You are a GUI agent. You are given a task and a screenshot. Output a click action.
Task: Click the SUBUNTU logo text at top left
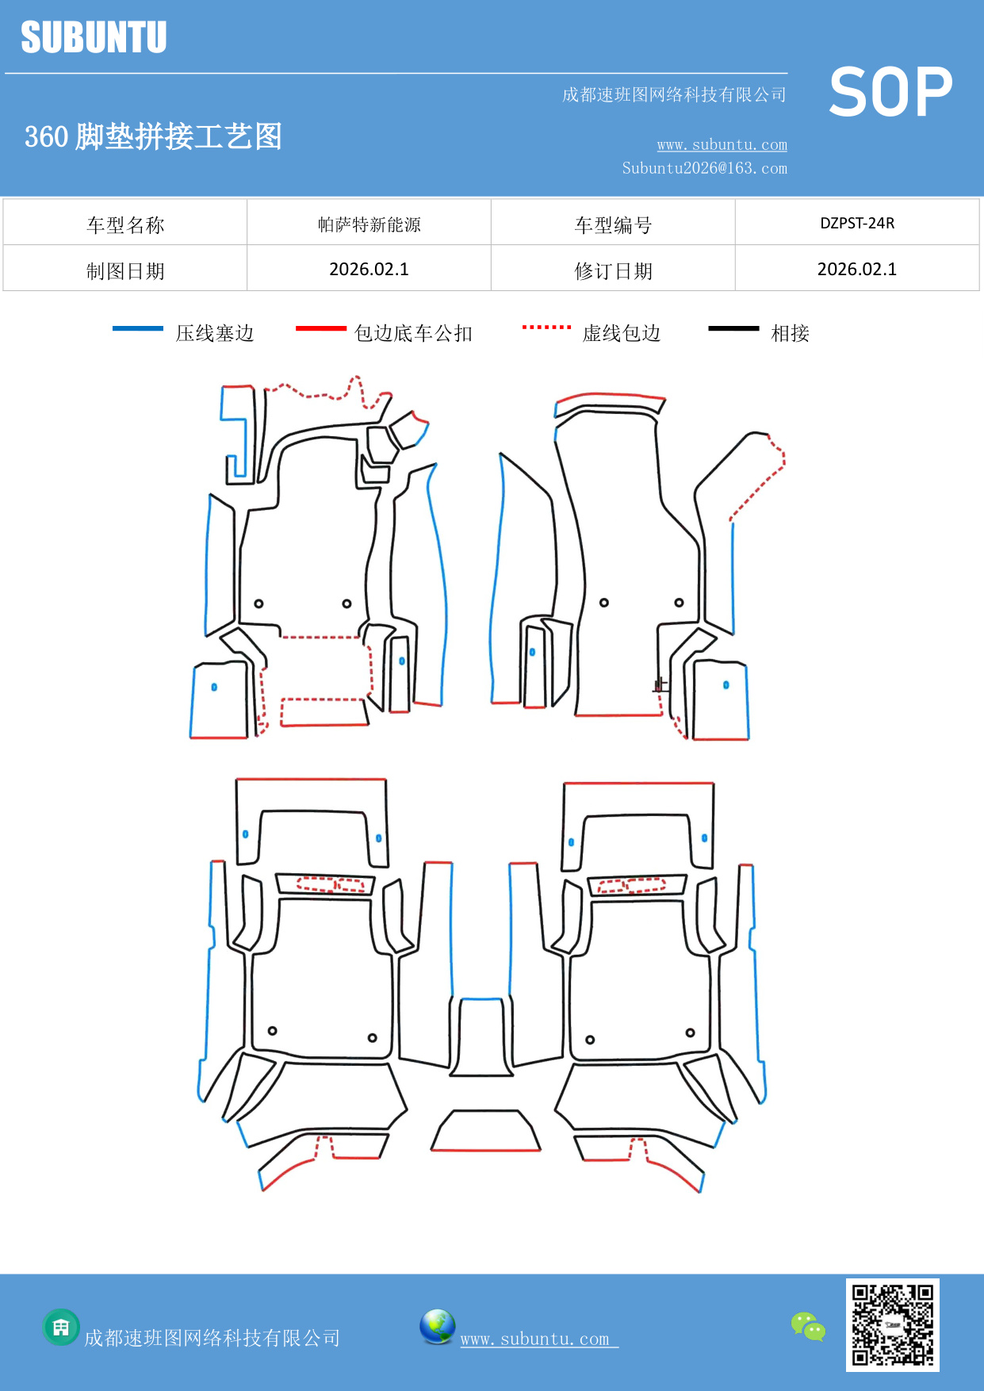(x=94, y=37)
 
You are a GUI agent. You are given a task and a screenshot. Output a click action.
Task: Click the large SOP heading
(x=890, y=92)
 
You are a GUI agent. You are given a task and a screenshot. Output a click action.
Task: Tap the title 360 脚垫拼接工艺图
(x=153, y=136)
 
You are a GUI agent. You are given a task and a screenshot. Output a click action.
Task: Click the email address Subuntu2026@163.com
(x=704, y=168)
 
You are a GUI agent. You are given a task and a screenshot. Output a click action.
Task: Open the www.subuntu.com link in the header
(x=722, y=144)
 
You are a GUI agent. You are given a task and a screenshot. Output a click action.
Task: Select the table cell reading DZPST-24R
(x=857, y=223)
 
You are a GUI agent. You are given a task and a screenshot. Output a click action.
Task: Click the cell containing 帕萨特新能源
(x=369, y=224)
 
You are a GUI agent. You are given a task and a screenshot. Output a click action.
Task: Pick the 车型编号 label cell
(x=613, y=225)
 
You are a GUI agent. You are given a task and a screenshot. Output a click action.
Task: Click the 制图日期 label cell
(x=125, y=271)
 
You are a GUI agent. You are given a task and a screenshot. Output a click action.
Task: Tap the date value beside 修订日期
(x=857, y=270)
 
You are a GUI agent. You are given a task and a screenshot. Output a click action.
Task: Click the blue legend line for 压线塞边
(x=138, y=328)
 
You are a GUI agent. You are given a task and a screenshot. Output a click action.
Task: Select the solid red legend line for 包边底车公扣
(x=320, y=328)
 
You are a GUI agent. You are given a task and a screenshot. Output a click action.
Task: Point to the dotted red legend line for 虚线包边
(x=546, y=327)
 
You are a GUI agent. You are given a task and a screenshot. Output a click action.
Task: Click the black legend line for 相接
(x=733, y=328)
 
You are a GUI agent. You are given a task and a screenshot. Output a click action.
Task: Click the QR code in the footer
(x=892, y=1324)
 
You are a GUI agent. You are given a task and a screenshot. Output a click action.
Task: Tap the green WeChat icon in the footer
(x=808, y=1327)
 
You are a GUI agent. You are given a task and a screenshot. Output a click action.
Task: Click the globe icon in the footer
(x=437, y=1327)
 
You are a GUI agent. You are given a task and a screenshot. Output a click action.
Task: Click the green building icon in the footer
(x=61, y=1327)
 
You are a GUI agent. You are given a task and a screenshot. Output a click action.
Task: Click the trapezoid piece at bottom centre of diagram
(x=485, y=1132)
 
